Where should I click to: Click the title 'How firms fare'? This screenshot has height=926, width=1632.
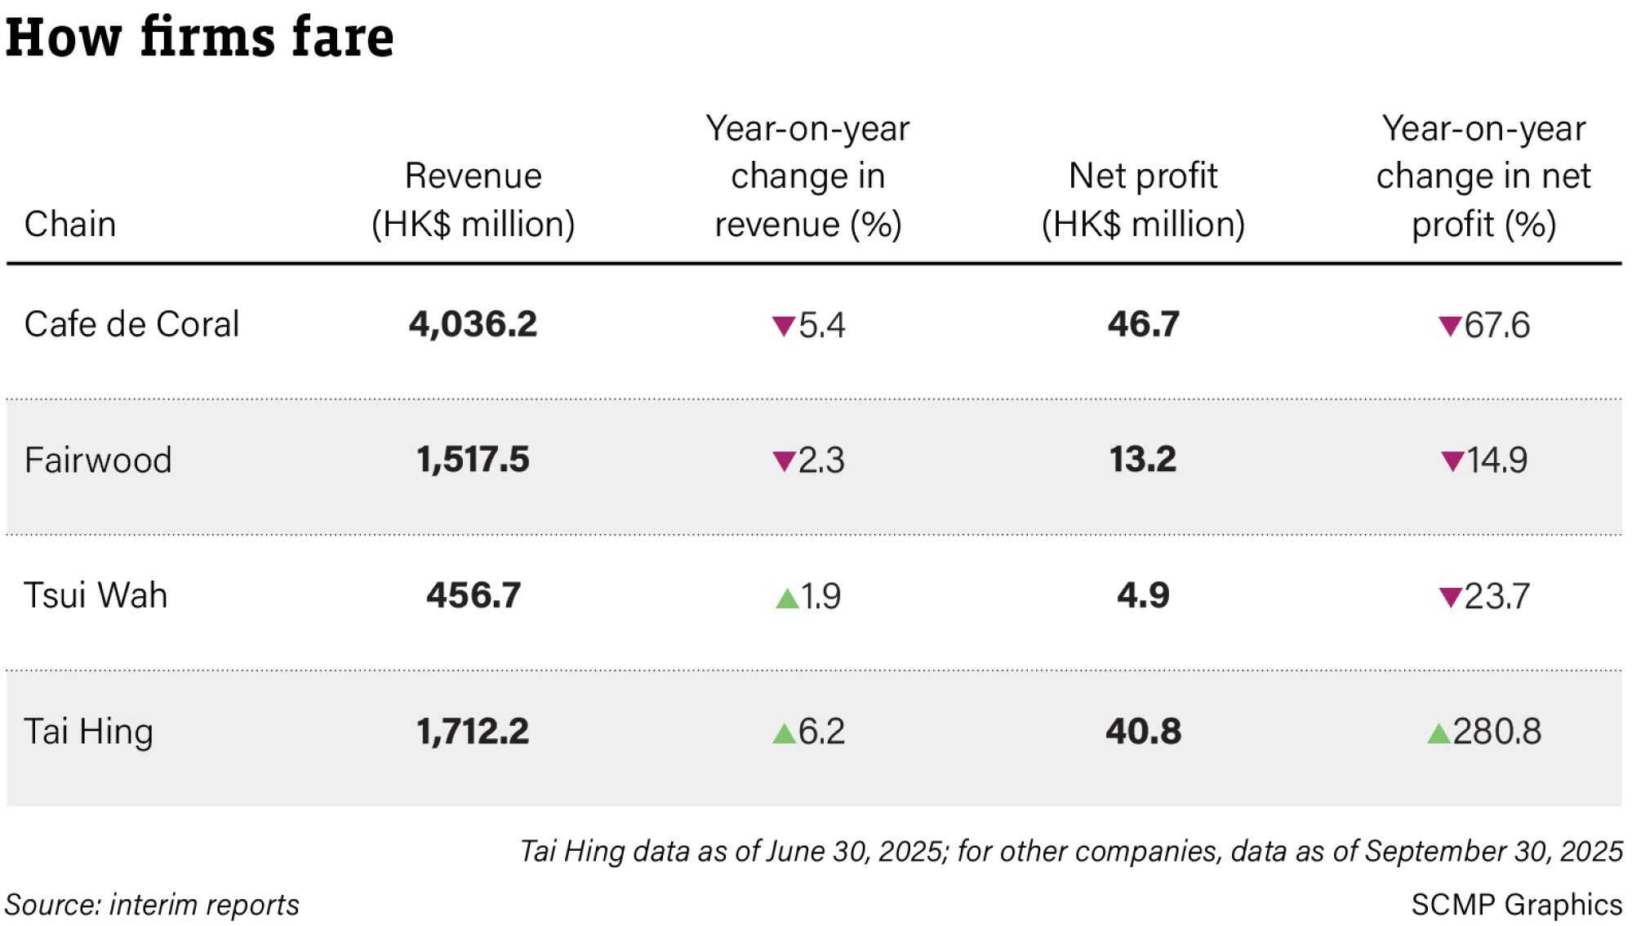pos(200,37)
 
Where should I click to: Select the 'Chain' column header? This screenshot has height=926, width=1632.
pos(70,224)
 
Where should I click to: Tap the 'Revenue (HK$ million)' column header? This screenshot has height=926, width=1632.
pos(474,200)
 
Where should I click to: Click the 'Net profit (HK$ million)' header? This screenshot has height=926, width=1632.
pos(1143,200)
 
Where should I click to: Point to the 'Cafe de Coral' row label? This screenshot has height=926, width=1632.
pos(131,324)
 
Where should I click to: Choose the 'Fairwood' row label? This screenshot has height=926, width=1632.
pos(98,460)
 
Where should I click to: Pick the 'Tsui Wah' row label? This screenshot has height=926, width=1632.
pos(96,595)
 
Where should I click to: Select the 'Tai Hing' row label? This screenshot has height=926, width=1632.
pos(88,732)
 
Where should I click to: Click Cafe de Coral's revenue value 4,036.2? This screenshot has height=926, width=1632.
pos(474,324)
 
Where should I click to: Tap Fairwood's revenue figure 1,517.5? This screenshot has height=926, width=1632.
pos(474,460)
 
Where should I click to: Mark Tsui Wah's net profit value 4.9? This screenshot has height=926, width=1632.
pos(1143,595)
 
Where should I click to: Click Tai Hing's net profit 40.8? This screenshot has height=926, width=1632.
pos(1143,731)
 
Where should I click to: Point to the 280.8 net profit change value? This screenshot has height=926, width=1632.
pos(1497,731)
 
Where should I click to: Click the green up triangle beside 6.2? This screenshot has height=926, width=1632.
pos(784,733)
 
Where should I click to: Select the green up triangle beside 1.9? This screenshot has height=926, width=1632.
pos(787,599)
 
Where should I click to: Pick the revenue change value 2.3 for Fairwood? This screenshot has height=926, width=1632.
pos(821,461)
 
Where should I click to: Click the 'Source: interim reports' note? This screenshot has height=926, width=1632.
pos(152,905)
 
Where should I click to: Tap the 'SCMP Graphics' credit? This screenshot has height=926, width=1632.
pos(1517,905)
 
